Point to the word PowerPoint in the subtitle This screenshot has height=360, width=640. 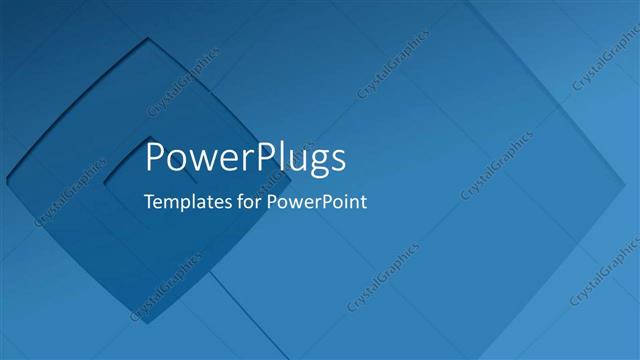point(317,201)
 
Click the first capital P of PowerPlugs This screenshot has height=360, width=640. point(155,158)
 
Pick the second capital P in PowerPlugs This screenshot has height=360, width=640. point(258,158)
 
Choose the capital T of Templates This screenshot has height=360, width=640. point(149,200)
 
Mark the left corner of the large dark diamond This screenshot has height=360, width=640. point(7,180)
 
